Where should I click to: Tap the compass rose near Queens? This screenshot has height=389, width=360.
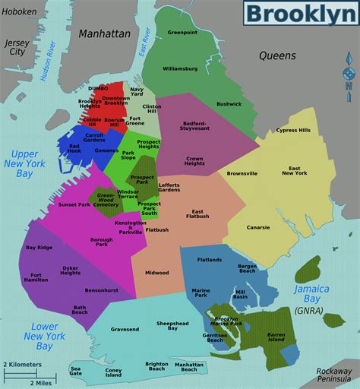[349, 77]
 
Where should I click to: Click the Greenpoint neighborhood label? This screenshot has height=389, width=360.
[182, 33]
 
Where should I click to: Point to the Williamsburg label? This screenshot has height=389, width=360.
[180, 68]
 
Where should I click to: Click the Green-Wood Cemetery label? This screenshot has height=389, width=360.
[106, 201]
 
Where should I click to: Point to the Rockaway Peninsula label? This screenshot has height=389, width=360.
[335, 375]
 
